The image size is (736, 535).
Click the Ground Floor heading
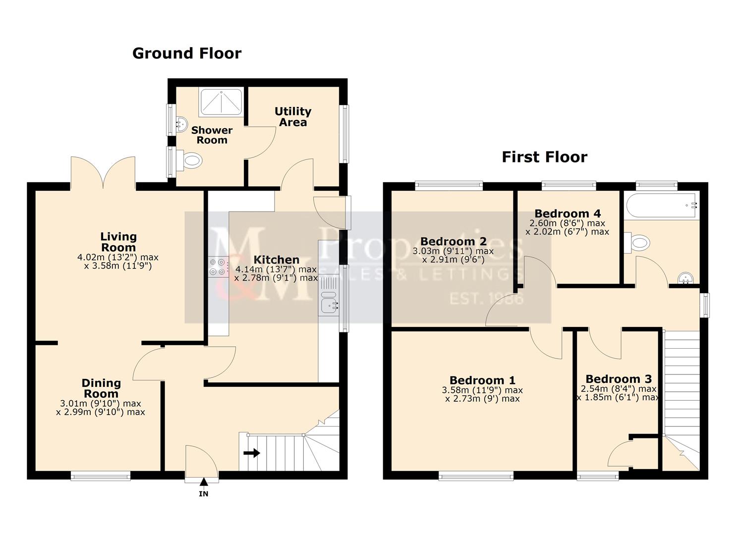187,53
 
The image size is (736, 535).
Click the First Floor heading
544,157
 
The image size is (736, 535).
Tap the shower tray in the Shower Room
221,103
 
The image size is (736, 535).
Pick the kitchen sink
329,303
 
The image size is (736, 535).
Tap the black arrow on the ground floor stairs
252,453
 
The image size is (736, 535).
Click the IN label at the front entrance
204,494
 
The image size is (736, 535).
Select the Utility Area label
293,116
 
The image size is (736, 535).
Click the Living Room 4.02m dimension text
118,257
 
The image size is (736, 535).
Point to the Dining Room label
101,388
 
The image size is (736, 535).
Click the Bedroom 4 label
567,214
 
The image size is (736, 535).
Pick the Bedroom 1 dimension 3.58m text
482,390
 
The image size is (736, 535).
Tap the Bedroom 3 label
619,379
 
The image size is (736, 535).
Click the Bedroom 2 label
453,241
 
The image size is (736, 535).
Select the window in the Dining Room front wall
101,476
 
